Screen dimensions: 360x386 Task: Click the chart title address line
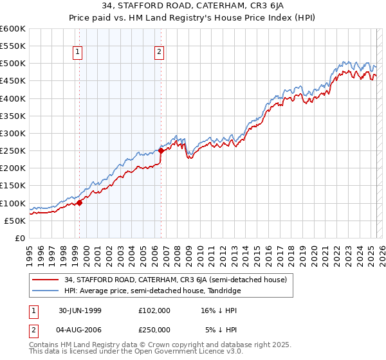(192, 7)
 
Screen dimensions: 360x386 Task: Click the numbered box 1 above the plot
(77, 53)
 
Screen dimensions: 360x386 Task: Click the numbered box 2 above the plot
(159, 53)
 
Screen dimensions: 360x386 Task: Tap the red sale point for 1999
(80, 203)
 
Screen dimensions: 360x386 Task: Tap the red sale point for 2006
(161, 151)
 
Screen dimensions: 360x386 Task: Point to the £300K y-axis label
(13, 134)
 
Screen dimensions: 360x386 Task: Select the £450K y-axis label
(13, 81)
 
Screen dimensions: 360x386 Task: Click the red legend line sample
(46, 279)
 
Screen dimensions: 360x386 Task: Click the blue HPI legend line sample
(46, 291)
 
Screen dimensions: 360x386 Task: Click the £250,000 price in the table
(154, 330)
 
